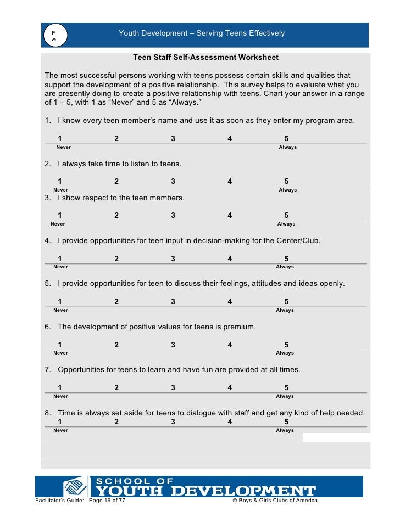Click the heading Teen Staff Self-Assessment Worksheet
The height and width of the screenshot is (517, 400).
[205, 57]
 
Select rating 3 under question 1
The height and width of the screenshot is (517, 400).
[173, 139]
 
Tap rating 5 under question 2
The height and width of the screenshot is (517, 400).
[286, 182]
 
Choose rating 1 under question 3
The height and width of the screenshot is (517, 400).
[60, 216]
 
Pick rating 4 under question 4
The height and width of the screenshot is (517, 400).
[230, 258]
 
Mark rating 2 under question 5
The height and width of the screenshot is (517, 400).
[116, 301]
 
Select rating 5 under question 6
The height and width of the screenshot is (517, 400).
[286, 345]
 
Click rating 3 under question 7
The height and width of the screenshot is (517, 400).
[173, 387]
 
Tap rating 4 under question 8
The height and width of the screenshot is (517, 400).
[230, 422]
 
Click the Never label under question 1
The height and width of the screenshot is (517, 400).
[63, 147]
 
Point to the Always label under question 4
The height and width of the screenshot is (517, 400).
[285, 267]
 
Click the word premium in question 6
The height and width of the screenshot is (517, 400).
[239, 327]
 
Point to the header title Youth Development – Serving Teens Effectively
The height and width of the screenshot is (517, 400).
[202, 33]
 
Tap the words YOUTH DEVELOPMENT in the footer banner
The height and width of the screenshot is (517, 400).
[207, 491]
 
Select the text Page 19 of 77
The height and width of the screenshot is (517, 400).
[107, 501]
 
